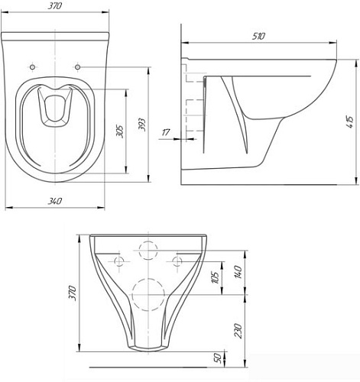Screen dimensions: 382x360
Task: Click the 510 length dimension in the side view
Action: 258,35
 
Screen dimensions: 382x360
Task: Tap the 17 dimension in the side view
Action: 166,134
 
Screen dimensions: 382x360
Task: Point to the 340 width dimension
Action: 54,200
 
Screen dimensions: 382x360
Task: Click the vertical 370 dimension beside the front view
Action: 73,292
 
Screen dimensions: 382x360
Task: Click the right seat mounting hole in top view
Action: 78,66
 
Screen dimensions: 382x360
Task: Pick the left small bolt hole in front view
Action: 118,261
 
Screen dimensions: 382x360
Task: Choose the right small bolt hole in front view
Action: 178,261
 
